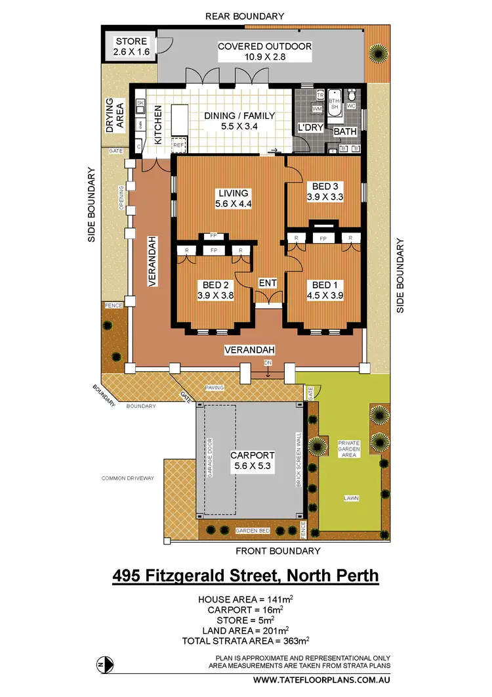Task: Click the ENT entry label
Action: click(268, 283)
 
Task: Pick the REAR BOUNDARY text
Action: click(245, 16)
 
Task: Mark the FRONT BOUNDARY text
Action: click(278, 551)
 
